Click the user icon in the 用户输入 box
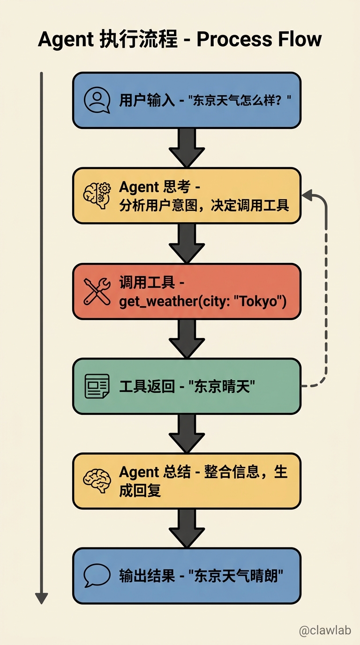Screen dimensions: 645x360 pos(97,100)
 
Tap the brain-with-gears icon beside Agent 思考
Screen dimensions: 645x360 pos(97,195)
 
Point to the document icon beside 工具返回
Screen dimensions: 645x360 pos(97,386)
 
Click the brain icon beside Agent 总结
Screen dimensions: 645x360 pos(97,481)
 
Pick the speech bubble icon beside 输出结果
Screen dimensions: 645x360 pos(97,576)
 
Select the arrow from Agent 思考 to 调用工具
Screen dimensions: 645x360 pos(187,243)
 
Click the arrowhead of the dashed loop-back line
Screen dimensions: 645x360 pos(307,194)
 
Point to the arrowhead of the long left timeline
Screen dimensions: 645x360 pos(42,598)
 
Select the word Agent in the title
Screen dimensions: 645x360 pos(66,39)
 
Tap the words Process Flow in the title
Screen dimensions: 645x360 pos(259,39)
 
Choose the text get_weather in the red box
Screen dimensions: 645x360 pos(157,301)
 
